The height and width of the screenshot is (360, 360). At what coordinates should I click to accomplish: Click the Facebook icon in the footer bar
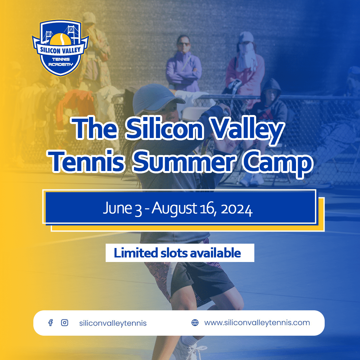(51, 323)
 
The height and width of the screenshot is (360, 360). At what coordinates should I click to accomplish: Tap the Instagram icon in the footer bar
(65, 323)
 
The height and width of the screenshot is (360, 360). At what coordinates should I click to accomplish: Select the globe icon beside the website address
(195, 323)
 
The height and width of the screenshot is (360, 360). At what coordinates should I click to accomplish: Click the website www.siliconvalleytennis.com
(257, 323)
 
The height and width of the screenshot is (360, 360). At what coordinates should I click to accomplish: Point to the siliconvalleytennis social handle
(113, 323)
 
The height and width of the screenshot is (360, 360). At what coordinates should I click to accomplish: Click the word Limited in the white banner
(136, 253)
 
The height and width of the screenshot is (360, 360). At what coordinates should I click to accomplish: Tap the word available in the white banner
(215, 253)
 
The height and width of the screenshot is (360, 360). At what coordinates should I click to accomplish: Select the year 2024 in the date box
(237, 209)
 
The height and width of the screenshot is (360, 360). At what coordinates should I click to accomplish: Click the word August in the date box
(174, 208)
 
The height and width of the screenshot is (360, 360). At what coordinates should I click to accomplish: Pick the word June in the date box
(117, 208)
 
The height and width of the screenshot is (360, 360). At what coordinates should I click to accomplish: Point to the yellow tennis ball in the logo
(60, 39)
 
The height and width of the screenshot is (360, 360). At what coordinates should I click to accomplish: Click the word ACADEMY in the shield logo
(60, 64)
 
